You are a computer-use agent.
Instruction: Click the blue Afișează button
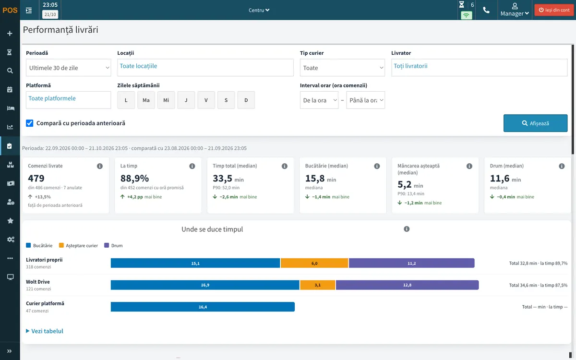(535, 123)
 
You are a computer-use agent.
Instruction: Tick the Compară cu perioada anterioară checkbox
(30, 123)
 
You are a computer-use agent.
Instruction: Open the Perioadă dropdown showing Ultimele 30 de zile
(68, 68)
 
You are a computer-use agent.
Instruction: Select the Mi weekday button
(166, 100)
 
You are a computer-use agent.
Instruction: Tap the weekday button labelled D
(246, 100)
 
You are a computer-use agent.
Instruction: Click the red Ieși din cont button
(554, 10)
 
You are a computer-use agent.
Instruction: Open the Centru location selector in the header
(259, 10)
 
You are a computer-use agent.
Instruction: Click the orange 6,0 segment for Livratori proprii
(314, 263)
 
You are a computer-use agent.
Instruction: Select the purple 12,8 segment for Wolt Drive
(408, 285)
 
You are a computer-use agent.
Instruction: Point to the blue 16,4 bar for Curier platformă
(203, 307)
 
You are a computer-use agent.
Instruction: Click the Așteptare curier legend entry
(78, 246)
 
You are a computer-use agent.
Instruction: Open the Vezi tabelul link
(45, 331)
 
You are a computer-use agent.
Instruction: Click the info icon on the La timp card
(192, 166)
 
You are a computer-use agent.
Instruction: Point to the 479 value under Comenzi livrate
(36, 178)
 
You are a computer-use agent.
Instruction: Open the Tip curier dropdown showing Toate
(342, 68)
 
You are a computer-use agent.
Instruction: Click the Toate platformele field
(68, 100)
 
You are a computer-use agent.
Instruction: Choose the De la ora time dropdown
(319, 100)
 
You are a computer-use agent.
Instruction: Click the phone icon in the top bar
(486, 10)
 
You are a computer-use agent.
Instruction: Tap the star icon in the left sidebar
(10, 221)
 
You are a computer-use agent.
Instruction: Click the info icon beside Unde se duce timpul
(407, 229)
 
